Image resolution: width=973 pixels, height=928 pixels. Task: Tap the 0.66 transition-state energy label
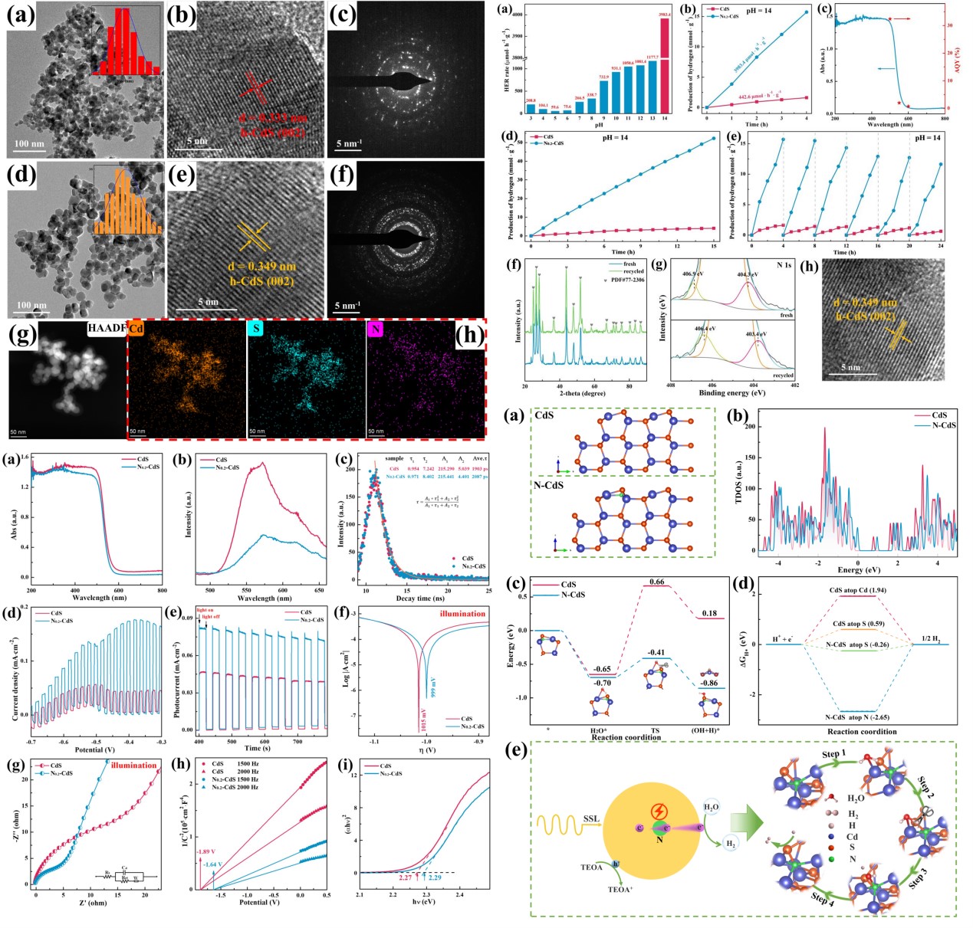pos(656,582)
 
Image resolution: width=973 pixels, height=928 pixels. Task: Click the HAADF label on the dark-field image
pos(106,328)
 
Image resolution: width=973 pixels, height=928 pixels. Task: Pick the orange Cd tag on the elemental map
pos(136,328)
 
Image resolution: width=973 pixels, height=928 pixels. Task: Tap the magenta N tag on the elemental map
pos(376,328)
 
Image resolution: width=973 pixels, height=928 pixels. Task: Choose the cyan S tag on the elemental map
pos(256,328)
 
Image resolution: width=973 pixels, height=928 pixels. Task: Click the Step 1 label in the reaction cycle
pos(833,754)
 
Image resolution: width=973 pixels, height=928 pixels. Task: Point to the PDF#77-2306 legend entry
pos(626,280)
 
